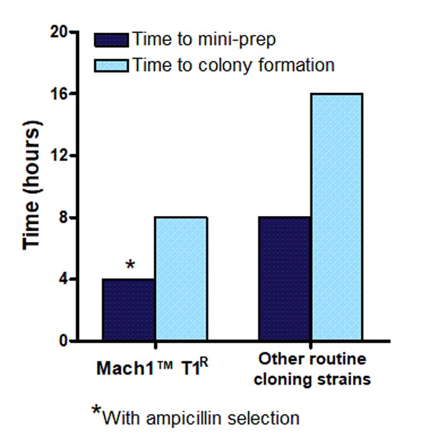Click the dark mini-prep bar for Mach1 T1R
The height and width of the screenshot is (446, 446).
128,310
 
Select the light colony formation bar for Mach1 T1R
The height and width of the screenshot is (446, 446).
180,279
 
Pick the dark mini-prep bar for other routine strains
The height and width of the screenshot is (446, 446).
284,279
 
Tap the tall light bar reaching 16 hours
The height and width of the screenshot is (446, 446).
337,217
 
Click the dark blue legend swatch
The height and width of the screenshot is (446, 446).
112,40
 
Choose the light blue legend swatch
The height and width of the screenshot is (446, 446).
112,65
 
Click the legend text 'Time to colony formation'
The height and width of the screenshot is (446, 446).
233,65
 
